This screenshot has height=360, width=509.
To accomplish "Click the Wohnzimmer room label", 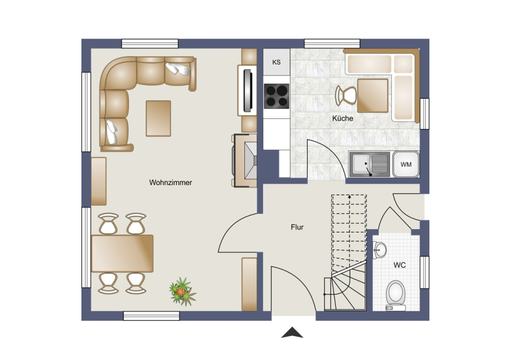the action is tap(170, 183).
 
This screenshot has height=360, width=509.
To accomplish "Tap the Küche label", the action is tap(343, 118).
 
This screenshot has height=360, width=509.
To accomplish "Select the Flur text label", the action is tap(297, 227).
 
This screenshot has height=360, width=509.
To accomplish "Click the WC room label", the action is tap(400, 265).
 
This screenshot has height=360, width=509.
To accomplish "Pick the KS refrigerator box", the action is tap(276, 62).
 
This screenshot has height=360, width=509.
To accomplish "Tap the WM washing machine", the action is tap(406, 164).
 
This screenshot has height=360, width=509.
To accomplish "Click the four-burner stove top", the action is tap(276, 96).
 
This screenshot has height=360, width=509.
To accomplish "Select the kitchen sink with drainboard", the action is tap(370, 164).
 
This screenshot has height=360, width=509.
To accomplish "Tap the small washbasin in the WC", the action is tap(379, 250).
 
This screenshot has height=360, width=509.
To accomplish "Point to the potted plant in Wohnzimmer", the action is tap(183, 292).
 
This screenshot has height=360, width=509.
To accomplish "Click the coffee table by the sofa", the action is tap(158, 118).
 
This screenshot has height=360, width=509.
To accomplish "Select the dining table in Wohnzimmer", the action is tap(122, 254).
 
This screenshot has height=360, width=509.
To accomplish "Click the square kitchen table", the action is tap(373, 96).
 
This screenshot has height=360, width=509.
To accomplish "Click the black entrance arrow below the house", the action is tap(292, 332).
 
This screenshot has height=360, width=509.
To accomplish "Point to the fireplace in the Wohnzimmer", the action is tap(244, 161).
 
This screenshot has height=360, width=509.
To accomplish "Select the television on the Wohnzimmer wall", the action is tap(248, 90).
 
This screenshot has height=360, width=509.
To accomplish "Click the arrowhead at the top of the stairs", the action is tap(350, 196).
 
